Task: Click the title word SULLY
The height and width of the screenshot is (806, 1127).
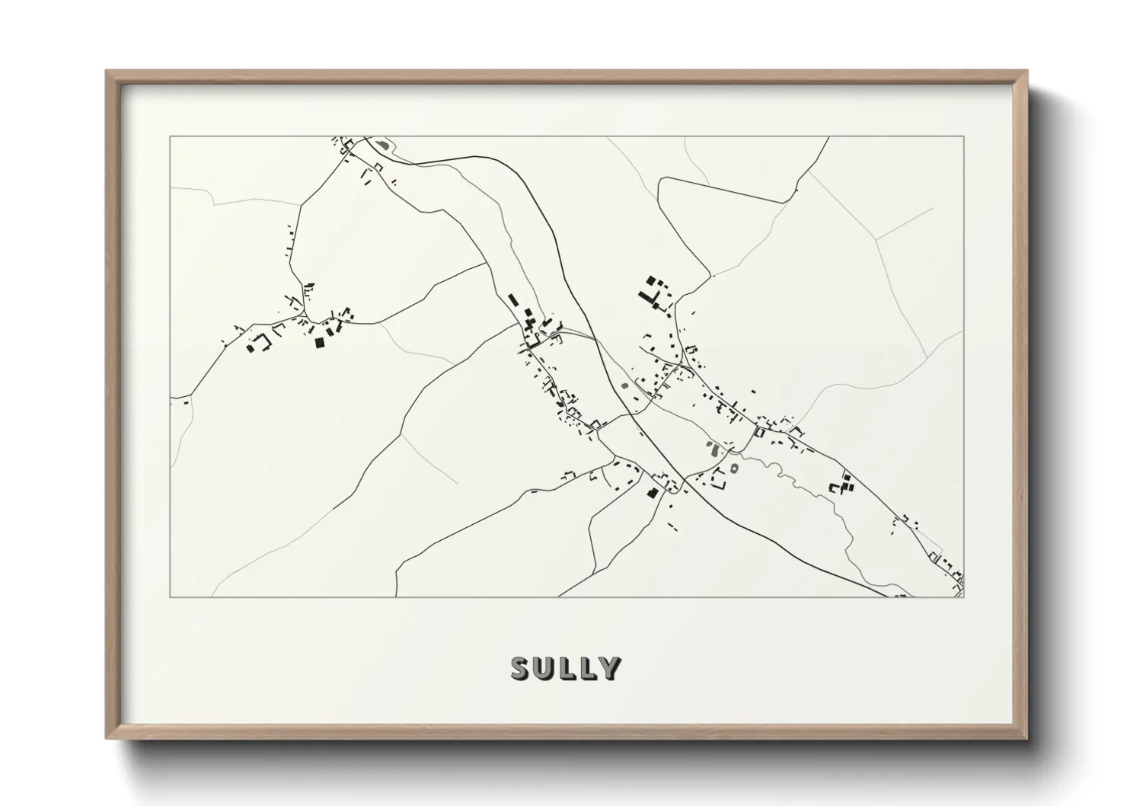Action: coord(566,668)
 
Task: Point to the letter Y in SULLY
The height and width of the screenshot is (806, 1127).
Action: coord(609,668)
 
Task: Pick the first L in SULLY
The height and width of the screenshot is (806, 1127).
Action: coord(567,668)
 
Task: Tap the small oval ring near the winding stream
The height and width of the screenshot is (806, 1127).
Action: coord(734,468)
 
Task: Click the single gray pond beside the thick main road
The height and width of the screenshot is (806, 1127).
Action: coord(627,385)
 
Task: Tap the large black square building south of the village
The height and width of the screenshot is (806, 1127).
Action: coord(652,493)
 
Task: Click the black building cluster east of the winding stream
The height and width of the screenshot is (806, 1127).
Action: coord(842,485)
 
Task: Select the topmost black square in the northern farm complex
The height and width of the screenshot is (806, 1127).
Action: coord(651,280)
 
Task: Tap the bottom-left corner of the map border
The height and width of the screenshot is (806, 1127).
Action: coord(171,597)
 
